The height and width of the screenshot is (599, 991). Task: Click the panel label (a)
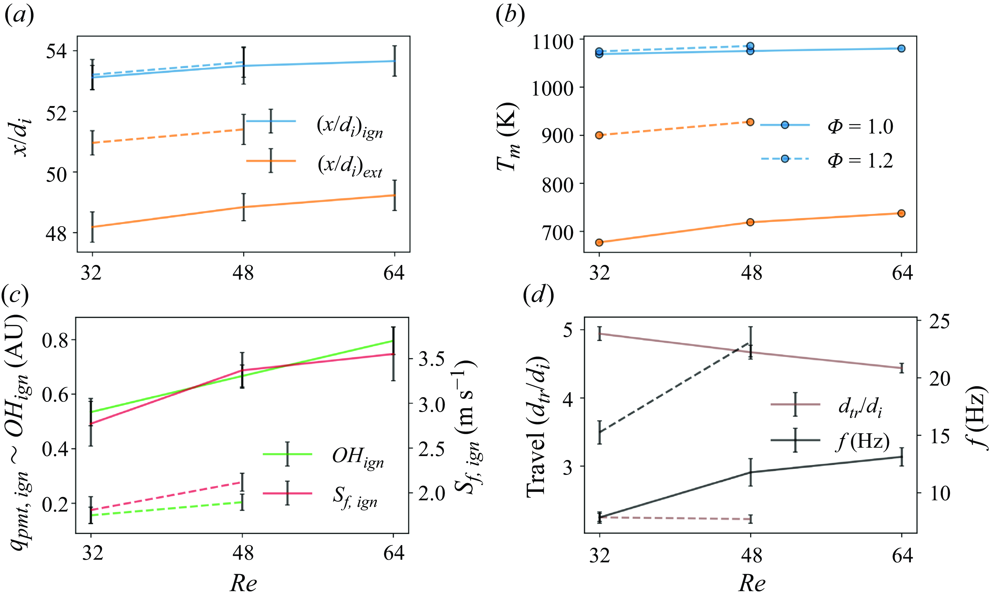[x=19, y=16]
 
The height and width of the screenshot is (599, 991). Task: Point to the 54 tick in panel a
[x=56, y=52]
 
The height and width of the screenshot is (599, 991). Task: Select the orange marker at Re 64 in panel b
[x=901, y=213]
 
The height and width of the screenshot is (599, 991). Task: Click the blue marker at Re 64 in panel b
[x=901, y=49]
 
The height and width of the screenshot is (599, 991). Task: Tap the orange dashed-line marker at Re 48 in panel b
[x=750, y=122]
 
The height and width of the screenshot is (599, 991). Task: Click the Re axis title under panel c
[x=243, y=583]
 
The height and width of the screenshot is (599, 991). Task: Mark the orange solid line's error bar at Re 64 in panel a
[x=395, y=195]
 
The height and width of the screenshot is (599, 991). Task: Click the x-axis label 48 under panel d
[x=751, y=556]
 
